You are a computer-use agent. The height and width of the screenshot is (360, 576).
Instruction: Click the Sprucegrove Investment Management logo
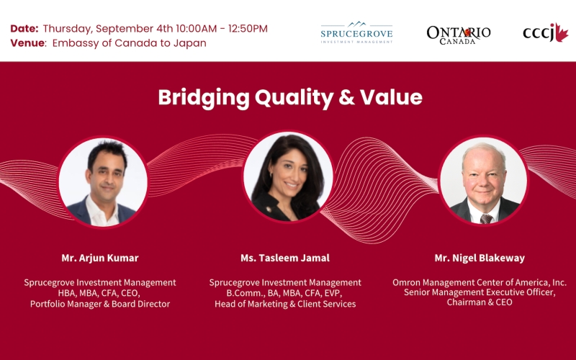click(x=356, y=32)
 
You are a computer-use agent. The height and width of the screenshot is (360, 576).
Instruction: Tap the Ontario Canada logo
click(x=459, y=35)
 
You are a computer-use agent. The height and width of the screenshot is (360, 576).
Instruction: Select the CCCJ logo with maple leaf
click(x=546, y=32)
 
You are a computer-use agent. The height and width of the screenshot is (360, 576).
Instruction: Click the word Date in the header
click(x=24, y=28)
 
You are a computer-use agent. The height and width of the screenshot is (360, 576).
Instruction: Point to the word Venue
click(x=28, y=43)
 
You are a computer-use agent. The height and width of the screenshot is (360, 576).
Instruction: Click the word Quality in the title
click(x=294, y=98)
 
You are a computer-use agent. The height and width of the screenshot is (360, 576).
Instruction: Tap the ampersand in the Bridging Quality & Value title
click(x=346, y=97)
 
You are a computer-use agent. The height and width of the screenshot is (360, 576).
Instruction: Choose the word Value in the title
click(x=391, y=97)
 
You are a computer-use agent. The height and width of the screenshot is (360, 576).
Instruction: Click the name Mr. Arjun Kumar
click(x=100, y=258)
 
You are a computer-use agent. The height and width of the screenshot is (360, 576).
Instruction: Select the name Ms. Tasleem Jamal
click(x=285, y=258)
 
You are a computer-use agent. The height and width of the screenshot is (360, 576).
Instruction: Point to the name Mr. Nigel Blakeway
click(x=480, y=258)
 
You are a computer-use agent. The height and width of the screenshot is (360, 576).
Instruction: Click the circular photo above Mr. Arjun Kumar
click(x=103, y=182)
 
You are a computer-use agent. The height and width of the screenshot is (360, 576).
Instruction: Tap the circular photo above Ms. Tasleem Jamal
click(x=288, y=176)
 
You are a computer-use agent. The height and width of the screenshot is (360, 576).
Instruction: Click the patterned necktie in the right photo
click(x=486, y=219)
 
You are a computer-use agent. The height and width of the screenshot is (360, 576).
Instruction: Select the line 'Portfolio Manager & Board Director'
click(x=100, y=304)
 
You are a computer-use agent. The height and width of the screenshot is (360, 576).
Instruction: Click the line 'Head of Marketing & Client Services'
click(x=285, y=304)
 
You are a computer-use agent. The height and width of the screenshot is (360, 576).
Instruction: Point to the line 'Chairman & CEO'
click(x=480, y=302)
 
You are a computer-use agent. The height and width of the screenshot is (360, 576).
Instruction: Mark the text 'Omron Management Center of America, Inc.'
click(x=480, y=282)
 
